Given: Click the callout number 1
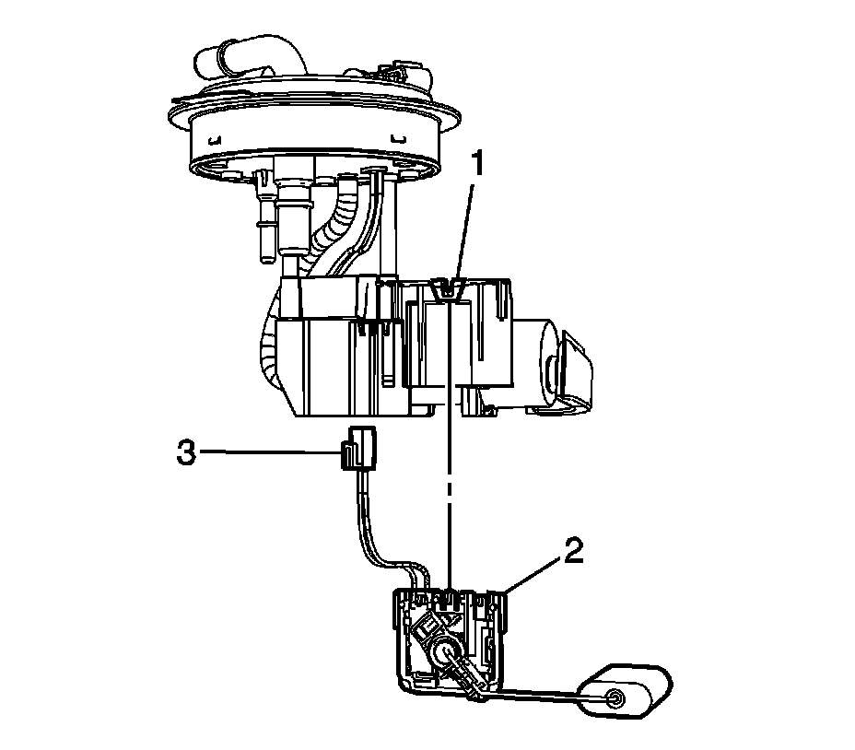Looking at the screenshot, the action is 477,164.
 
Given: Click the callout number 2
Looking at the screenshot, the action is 574,552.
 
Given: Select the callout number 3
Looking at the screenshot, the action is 186,452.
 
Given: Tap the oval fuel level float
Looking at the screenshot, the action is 625,691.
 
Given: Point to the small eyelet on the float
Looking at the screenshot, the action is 615,698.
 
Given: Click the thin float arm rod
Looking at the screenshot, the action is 545,693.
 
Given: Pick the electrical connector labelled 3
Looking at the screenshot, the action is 357,448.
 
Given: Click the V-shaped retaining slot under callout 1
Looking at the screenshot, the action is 447,288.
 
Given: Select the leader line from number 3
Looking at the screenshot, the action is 271,451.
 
